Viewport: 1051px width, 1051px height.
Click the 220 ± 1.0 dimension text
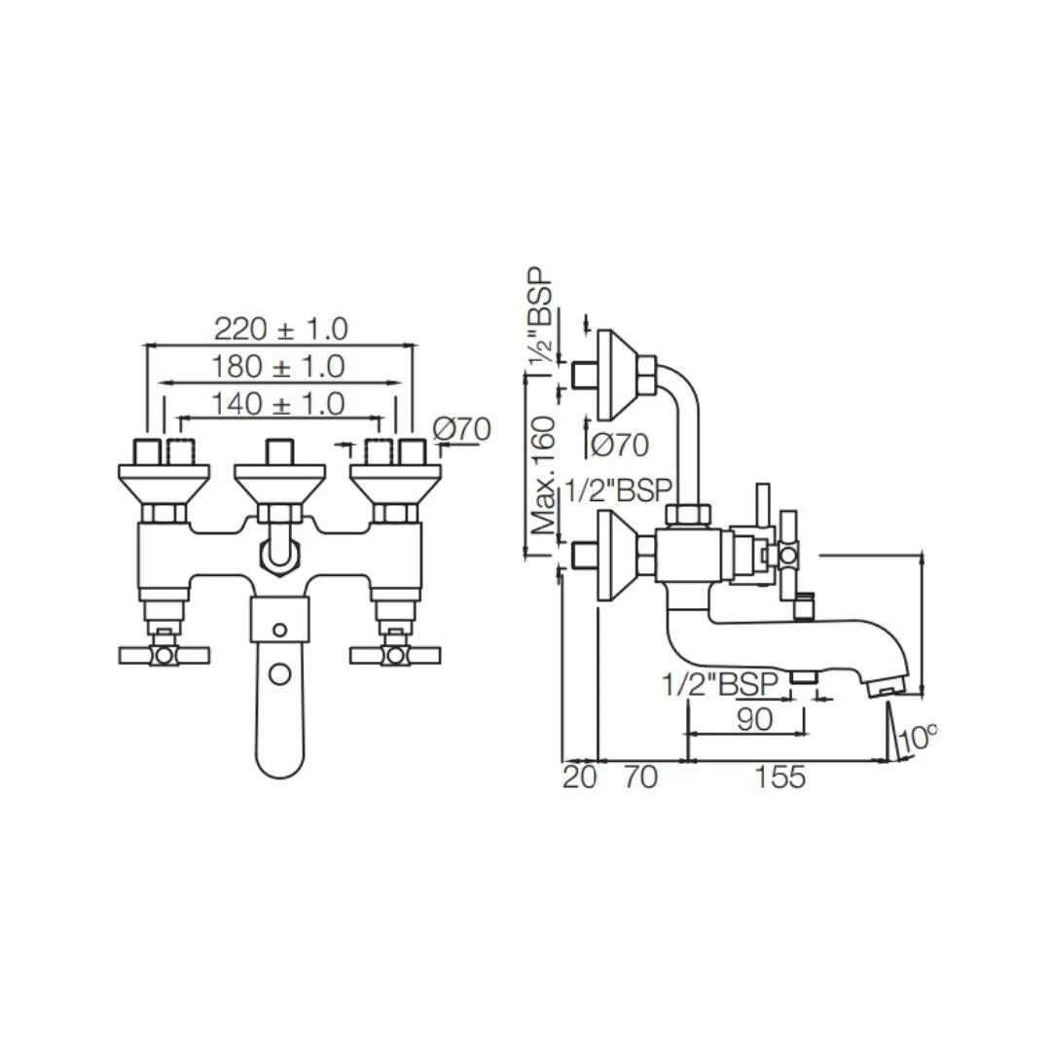tap(280, 328)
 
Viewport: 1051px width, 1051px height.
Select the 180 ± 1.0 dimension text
tap(278, 366)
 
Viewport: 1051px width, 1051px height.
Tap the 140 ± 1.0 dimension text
tap(278, 403)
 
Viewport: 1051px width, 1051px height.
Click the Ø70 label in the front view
tap(461, 428)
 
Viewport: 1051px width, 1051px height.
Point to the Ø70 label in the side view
tap(619, 445)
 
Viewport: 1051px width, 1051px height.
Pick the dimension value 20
tap(579, 777)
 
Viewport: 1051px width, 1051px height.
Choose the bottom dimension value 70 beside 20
tap(639, 777)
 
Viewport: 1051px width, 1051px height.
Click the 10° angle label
tap(917, 738)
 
